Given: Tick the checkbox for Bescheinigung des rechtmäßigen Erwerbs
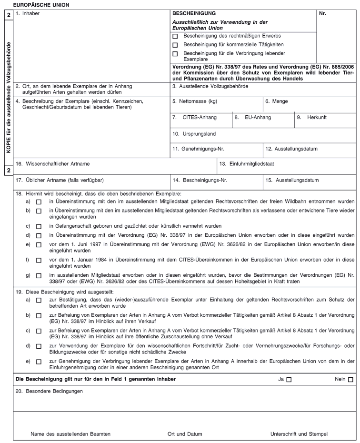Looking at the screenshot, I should coord(175,36).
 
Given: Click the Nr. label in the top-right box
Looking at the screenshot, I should coord(323,13).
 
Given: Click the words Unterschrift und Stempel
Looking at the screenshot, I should coord(299,434).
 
